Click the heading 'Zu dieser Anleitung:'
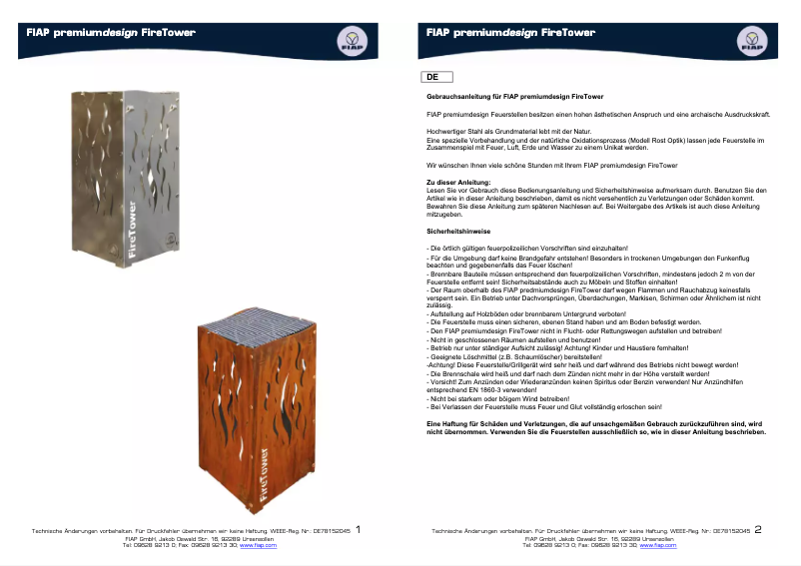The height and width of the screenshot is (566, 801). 458,183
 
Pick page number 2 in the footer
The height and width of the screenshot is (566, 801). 758,530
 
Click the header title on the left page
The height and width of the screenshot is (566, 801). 110,32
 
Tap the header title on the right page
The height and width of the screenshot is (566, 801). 510,32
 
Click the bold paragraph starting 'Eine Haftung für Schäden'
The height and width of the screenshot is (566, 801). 596,427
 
